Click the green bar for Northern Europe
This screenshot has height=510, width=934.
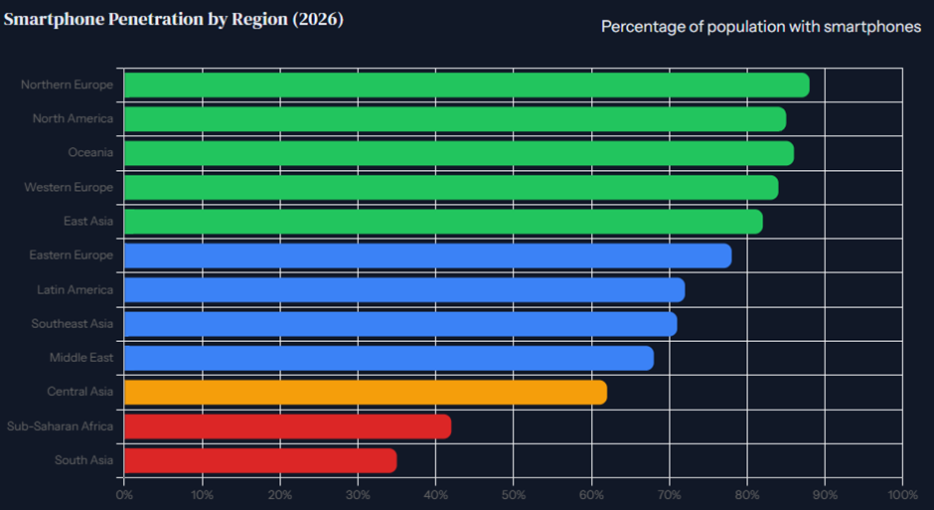[467, 85]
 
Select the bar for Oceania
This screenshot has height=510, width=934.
[459, 153]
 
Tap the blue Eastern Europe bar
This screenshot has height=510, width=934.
[427, 255]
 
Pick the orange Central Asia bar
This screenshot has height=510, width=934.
[366, 393]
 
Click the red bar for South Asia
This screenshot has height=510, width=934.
[260, 460]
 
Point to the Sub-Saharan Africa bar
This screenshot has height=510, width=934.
[288, 426]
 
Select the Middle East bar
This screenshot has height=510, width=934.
[389, 358]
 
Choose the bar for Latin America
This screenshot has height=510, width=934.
[404, 290]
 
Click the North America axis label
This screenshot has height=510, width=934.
[73, 118]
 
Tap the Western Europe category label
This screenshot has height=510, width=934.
[69, 187]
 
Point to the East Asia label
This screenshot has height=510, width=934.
[88, 221]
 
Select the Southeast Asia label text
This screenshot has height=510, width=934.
[73, 323]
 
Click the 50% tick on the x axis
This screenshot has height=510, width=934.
[514, 495]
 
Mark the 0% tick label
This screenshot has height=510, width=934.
[124, 495]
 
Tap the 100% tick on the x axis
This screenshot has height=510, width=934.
[902, 495]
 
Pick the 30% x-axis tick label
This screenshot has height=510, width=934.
[358, 495]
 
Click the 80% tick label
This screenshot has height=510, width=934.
[747, 495]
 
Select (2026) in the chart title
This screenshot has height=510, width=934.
[318, 20]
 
